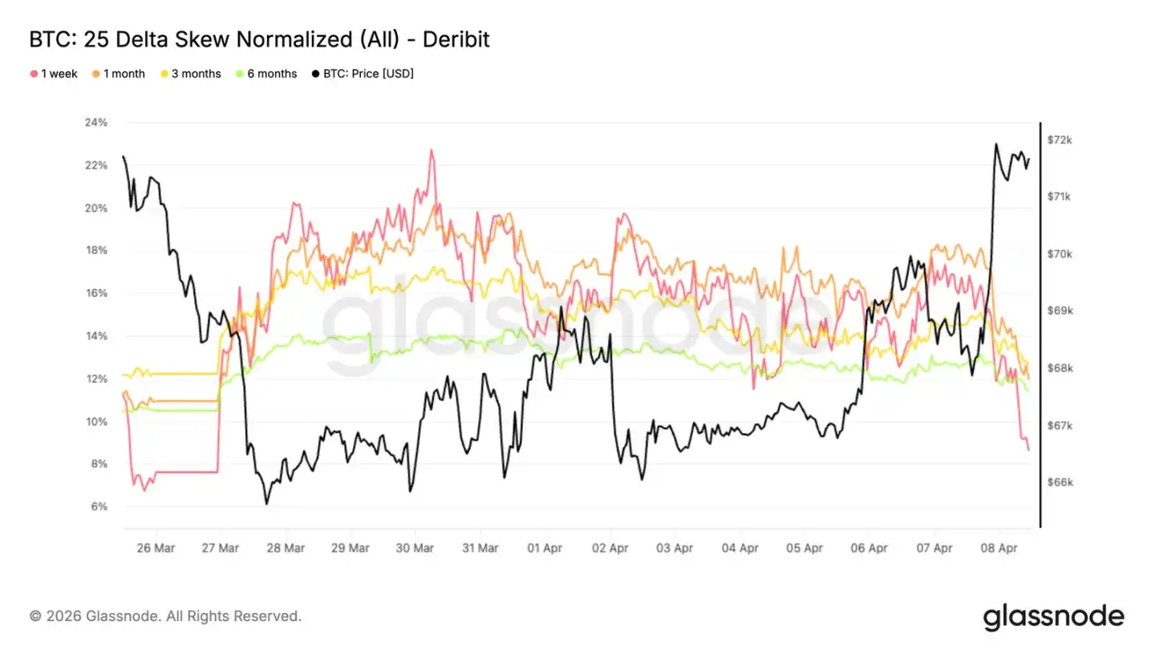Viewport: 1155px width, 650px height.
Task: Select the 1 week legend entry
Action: [x=54, y=74]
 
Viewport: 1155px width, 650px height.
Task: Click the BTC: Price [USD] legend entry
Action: [x=363, y=74]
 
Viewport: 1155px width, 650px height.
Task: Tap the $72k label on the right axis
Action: [x=1060, y=140]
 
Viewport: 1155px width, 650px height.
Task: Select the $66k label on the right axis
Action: [x=1060, y=482]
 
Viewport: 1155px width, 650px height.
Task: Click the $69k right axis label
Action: [x=1060, y=311]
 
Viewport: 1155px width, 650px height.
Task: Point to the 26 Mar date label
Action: [x=155, y=549]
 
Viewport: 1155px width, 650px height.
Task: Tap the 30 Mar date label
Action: [x=415, y=549]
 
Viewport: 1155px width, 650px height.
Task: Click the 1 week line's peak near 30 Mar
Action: [x=432, y=149]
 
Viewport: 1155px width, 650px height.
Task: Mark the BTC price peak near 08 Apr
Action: [x=996, y=144]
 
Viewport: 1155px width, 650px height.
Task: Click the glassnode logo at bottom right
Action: [x=1053, y=616]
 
